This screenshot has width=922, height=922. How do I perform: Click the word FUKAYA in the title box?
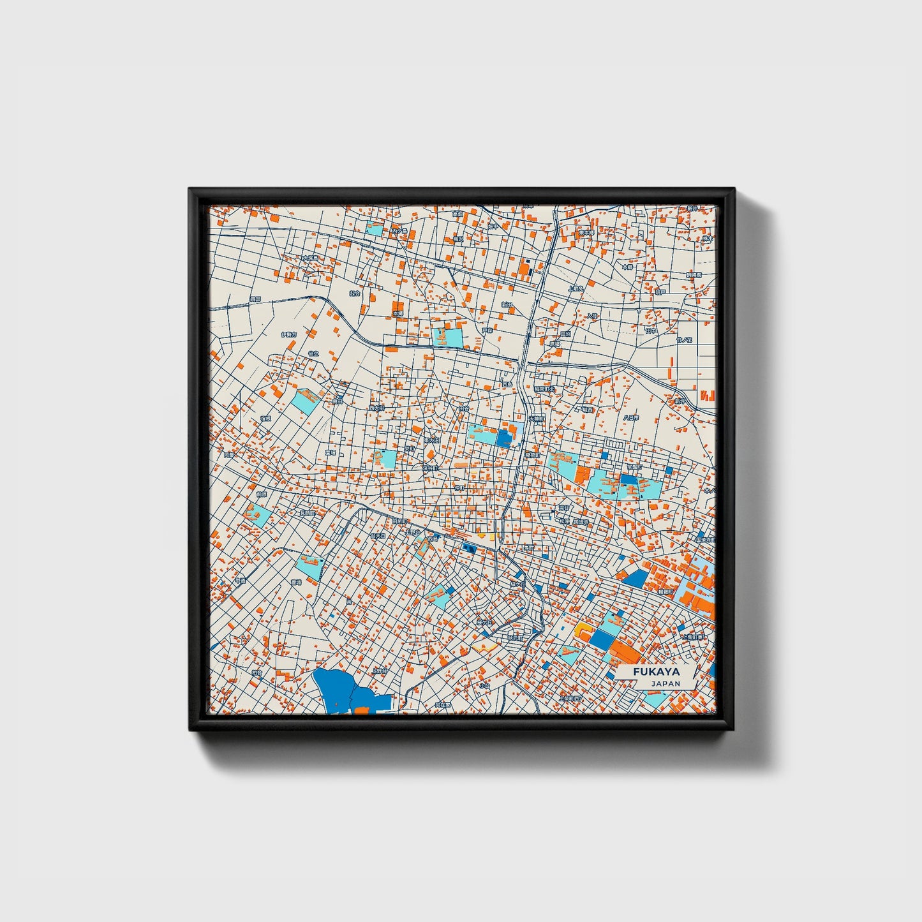657,672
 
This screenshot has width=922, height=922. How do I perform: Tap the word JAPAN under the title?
665,683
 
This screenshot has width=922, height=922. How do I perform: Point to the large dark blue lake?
335,688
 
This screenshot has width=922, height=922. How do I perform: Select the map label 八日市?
630,417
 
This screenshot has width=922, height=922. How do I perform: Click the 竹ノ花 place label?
685,340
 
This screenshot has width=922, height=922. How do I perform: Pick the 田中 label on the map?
651,331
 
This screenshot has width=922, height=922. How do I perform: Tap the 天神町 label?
535,419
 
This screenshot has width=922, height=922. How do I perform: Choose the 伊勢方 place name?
288,334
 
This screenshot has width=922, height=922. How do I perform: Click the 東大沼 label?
432,440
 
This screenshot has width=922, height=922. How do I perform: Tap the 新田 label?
507,305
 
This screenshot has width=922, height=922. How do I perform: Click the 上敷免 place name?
576,288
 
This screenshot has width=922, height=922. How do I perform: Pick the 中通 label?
239,581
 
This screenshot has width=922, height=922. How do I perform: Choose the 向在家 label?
442,705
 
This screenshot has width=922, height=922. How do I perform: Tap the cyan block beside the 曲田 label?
308,399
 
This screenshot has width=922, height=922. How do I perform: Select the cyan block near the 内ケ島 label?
375,228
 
